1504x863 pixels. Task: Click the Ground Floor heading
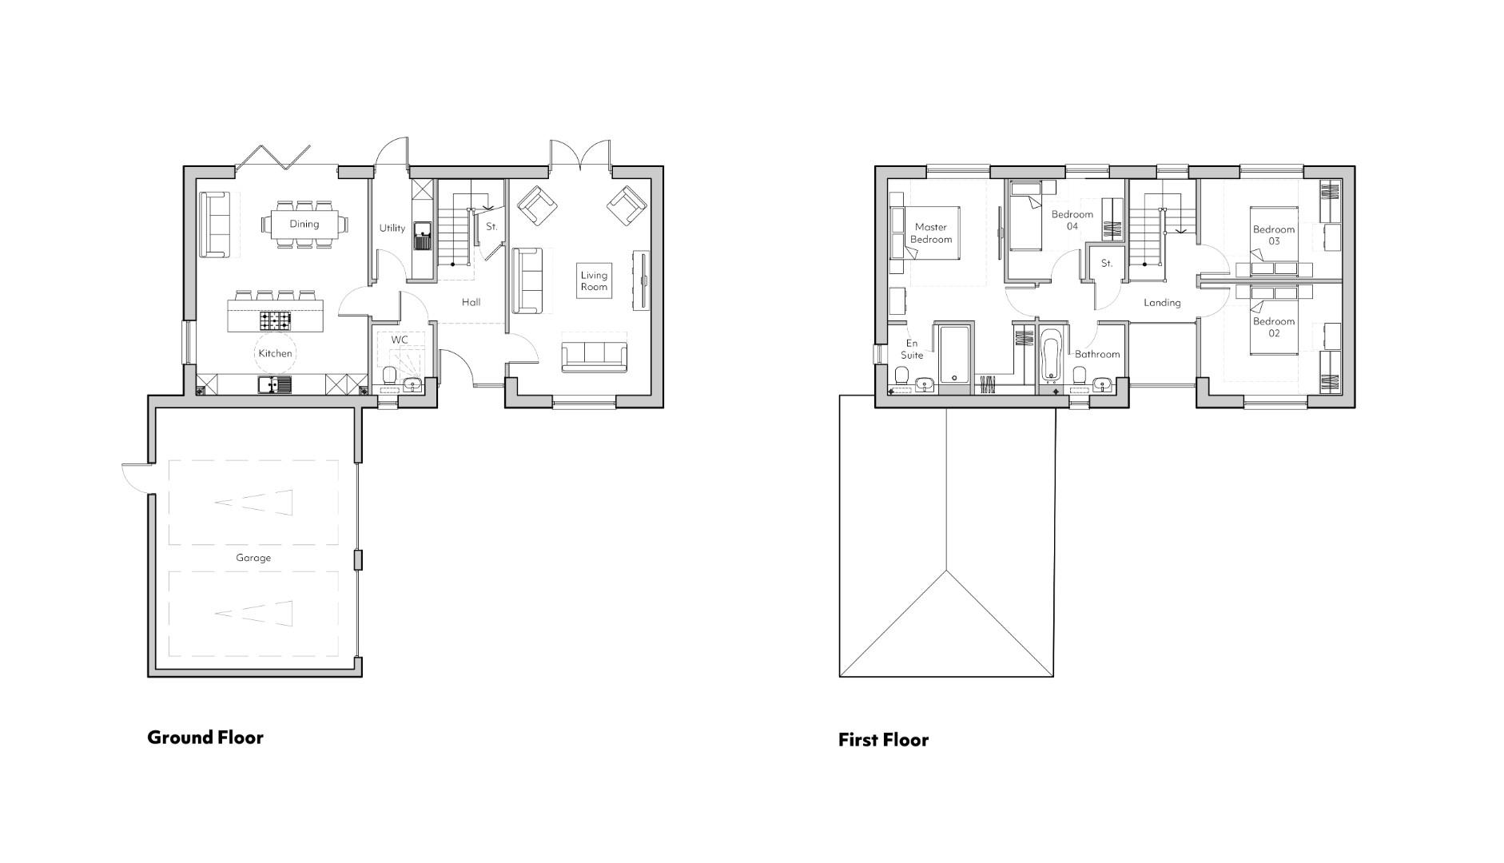click(x=205, y=737)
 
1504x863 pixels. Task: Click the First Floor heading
click(x=883, y=740)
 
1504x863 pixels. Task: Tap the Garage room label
click(x=253, y=558)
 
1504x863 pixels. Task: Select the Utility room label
click(x=392, y=228)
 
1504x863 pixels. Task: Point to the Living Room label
click(x=594, y=281)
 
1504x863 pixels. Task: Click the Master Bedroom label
click(x=931, y=233)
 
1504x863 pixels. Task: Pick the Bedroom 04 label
click(x=1072, y=220)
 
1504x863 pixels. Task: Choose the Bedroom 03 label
click(x=1273, y=235)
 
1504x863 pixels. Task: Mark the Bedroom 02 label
click(x=1273, y=327)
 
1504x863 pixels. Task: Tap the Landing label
click(x=1162, y=303)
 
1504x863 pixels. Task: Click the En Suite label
click(x=912, y=349)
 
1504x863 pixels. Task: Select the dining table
click(x=304, y=224)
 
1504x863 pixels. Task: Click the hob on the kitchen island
click(x=274, y=320)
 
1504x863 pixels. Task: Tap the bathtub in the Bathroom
click(x=1050, y=356)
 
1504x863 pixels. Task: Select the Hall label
click(x=471, y=302)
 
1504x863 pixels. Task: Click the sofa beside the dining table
click(x=214, y=225)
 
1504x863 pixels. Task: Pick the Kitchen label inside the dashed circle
click(x=275, y=353)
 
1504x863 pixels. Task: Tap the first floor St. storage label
click(x=1106, y=263)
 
